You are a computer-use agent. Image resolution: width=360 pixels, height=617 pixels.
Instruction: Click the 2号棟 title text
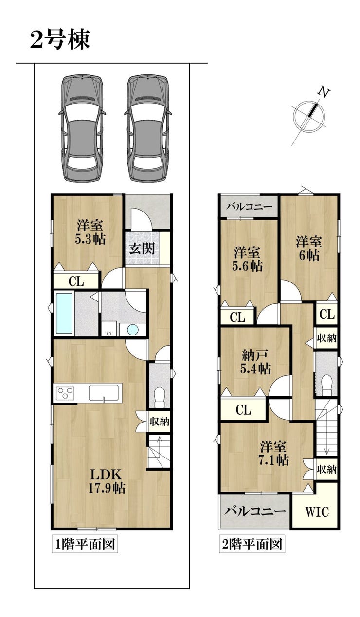click(60, 40)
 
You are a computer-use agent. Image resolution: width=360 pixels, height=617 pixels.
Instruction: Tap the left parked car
click(82, 128)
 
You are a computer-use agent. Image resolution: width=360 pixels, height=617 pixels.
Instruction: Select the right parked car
click(148, 128)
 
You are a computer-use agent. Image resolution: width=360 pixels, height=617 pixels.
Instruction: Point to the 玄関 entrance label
click(142, 248)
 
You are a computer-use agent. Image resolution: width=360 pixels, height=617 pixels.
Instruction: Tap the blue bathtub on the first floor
click(65, 313)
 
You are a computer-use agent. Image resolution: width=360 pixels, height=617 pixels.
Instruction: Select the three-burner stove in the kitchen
click(65, 393)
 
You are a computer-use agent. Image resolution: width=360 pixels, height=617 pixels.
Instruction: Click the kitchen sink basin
click(104, 392)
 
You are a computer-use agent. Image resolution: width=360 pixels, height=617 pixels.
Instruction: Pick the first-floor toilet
click(160, 397)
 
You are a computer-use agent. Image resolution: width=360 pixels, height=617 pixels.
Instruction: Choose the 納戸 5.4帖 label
click(255, 362)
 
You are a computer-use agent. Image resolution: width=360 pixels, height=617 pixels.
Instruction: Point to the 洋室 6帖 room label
click(309, 248)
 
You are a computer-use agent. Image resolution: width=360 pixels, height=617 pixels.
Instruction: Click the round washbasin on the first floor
click(132, 329)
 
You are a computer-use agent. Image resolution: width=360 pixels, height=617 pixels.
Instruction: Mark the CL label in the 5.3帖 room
click(76, 282)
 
